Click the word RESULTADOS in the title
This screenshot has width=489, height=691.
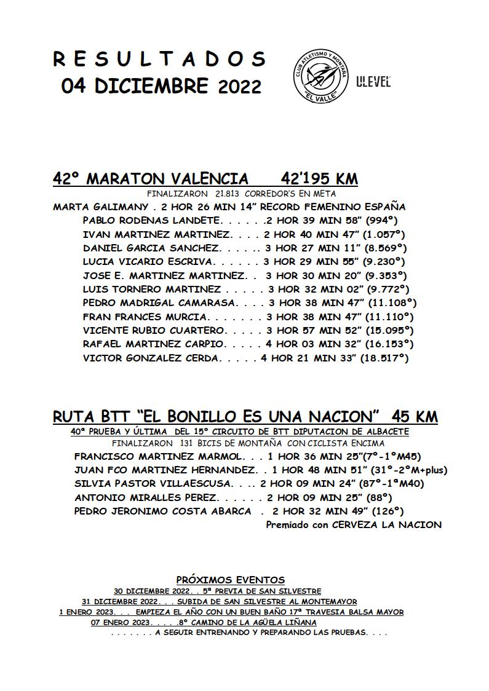click(159, 59)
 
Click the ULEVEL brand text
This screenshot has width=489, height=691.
click(373, 82)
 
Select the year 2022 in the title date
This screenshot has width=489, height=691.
click(240, 87)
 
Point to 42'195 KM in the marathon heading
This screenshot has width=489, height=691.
click(319, 179)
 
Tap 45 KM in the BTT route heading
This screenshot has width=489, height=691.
click(415, 417)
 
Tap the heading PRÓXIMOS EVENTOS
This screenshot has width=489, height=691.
click(231, 580)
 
